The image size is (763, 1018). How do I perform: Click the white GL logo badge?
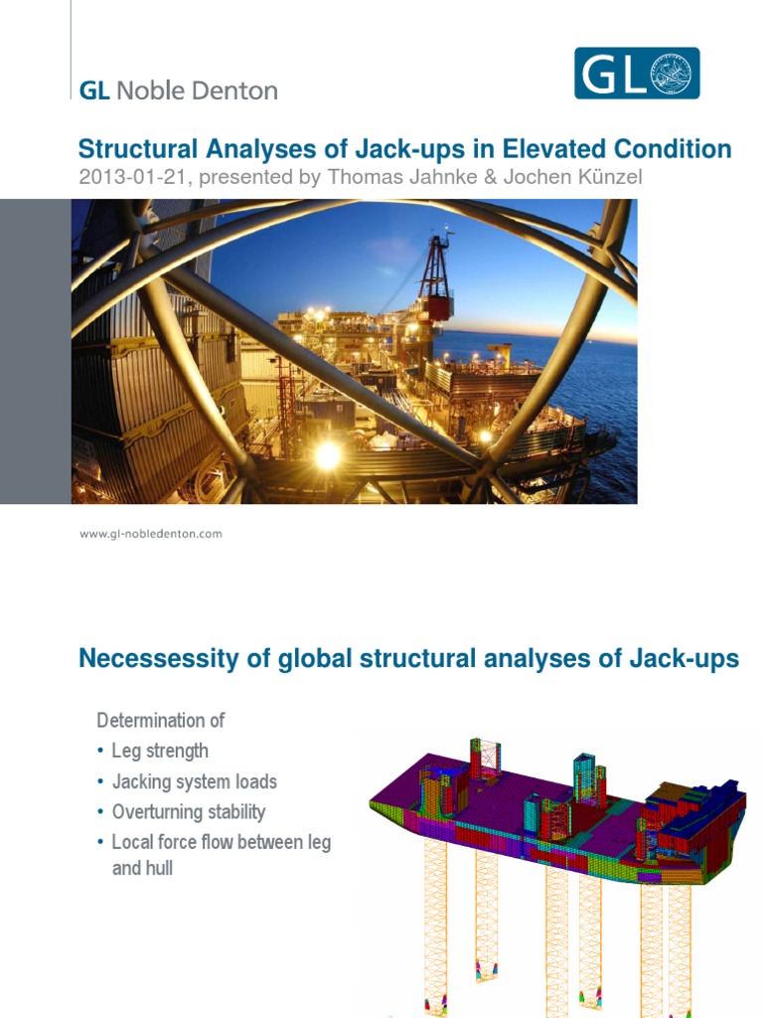coord(637,74)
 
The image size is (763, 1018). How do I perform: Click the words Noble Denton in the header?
coord(197,90)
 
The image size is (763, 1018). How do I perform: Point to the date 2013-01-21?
coord(127,177)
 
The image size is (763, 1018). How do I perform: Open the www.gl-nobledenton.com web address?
coord(150,534)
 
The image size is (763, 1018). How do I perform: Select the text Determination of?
coord(160,720)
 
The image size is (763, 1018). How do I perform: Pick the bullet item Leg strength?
coord(160,751)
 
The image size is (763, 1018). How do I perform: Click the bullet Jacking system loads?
coord(194,781)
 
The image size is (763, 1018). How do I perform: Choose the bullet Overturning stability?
coord(189,812)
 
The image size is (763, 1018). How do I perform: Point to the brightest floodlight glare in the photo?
coord(327,455)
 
